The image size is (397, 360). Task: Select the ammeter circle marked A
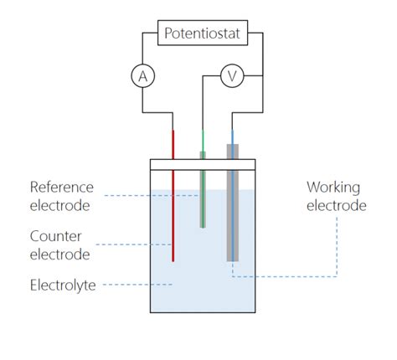(142, 76)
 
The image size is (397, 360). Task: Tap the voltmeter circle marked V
(232, 76)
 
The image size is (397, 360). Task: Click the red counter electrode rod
(173, 209)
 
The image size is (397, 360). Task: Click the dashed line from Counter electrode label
(134, 244)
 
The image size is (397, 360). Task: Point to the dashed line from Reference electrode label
(151, 196)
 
